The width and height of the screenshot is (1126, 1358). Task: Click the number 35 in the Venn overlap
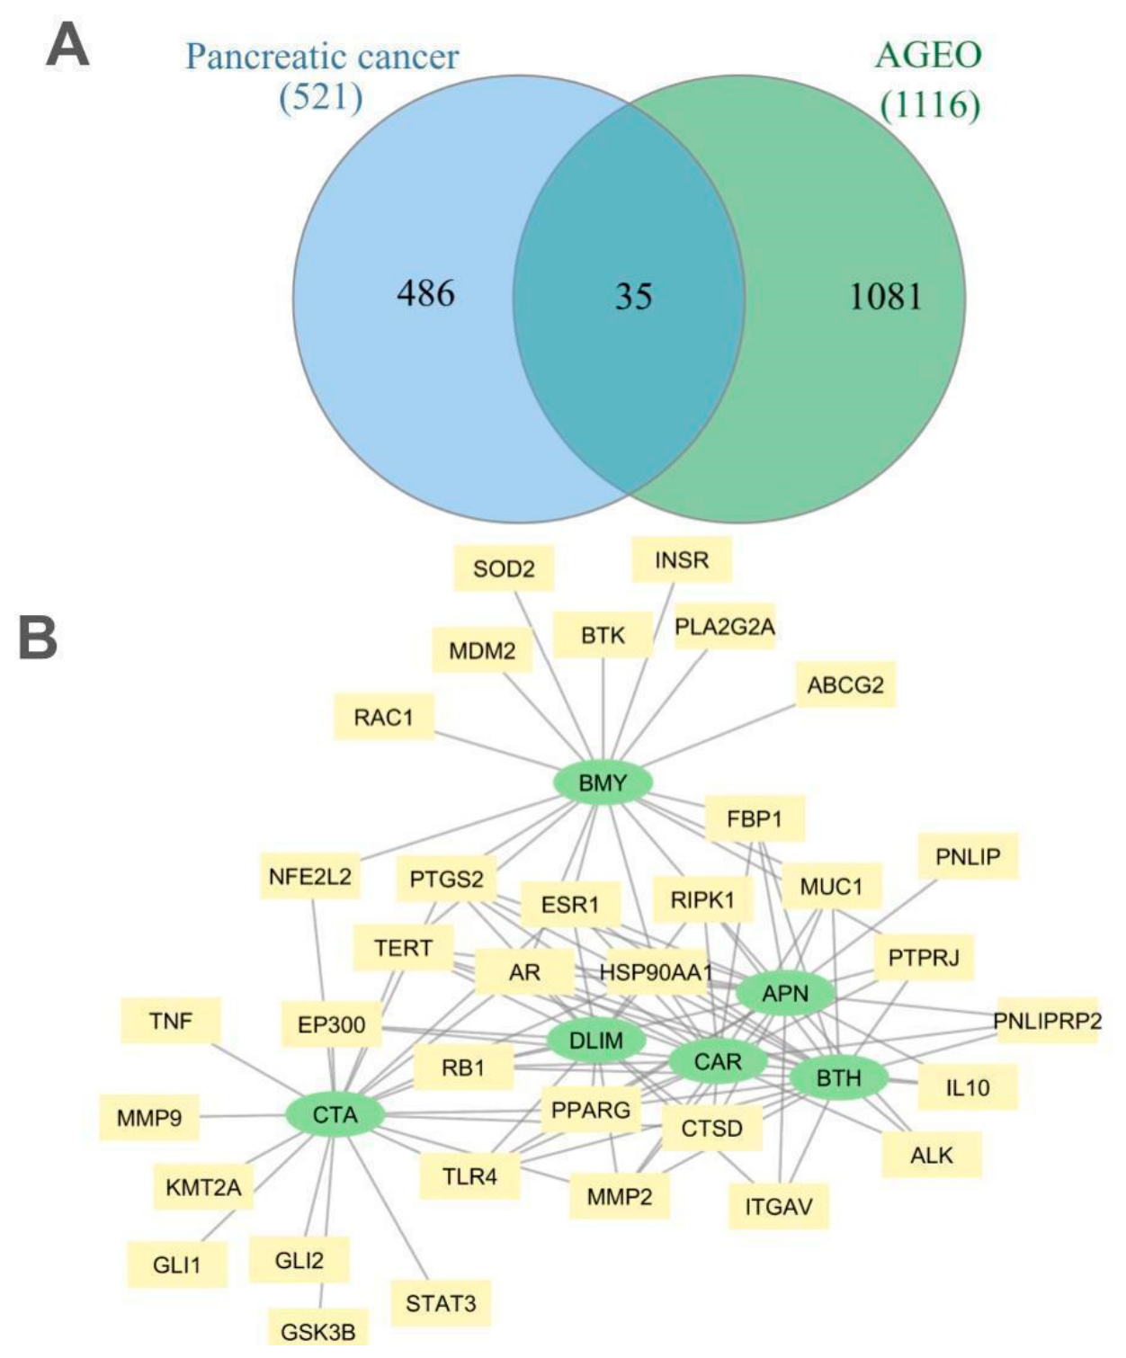pos(633,297)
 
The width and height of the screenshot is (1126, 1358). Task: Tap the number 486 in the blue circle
pos(426,293)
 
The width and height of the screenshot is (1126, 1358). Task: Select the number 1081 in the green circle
pos(886,297)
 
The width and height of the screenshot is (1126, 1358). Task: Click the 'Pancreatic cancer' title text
pos(322,57)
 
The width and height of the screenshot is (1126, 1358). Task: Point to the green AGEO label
pos(928,55)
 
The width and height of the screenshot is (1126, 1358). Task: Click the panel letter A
pos(67,44)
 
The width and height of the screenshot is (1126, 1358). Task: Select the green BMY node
pos(603,782)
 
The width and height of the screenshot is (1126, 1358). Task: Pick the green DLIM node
pos(596,1041)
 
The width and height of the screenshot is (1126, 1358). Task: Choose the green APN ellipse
pos(785,993)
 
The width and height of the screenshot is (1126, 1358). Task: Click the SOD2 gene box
pos(504,569)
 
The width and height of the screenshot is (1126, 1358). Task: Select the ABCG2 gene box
pos(845,684)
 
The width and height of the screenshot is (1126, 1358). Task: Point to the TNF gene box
pos(171,1021)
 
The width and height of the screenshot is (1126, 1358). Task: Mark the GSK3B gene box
pos(318,1334)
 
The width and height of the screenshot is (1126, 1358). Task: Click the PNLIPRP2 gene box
pos(1047,1021)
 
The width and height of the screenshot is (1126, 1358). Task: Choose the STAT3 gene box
pos(441,1303)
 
